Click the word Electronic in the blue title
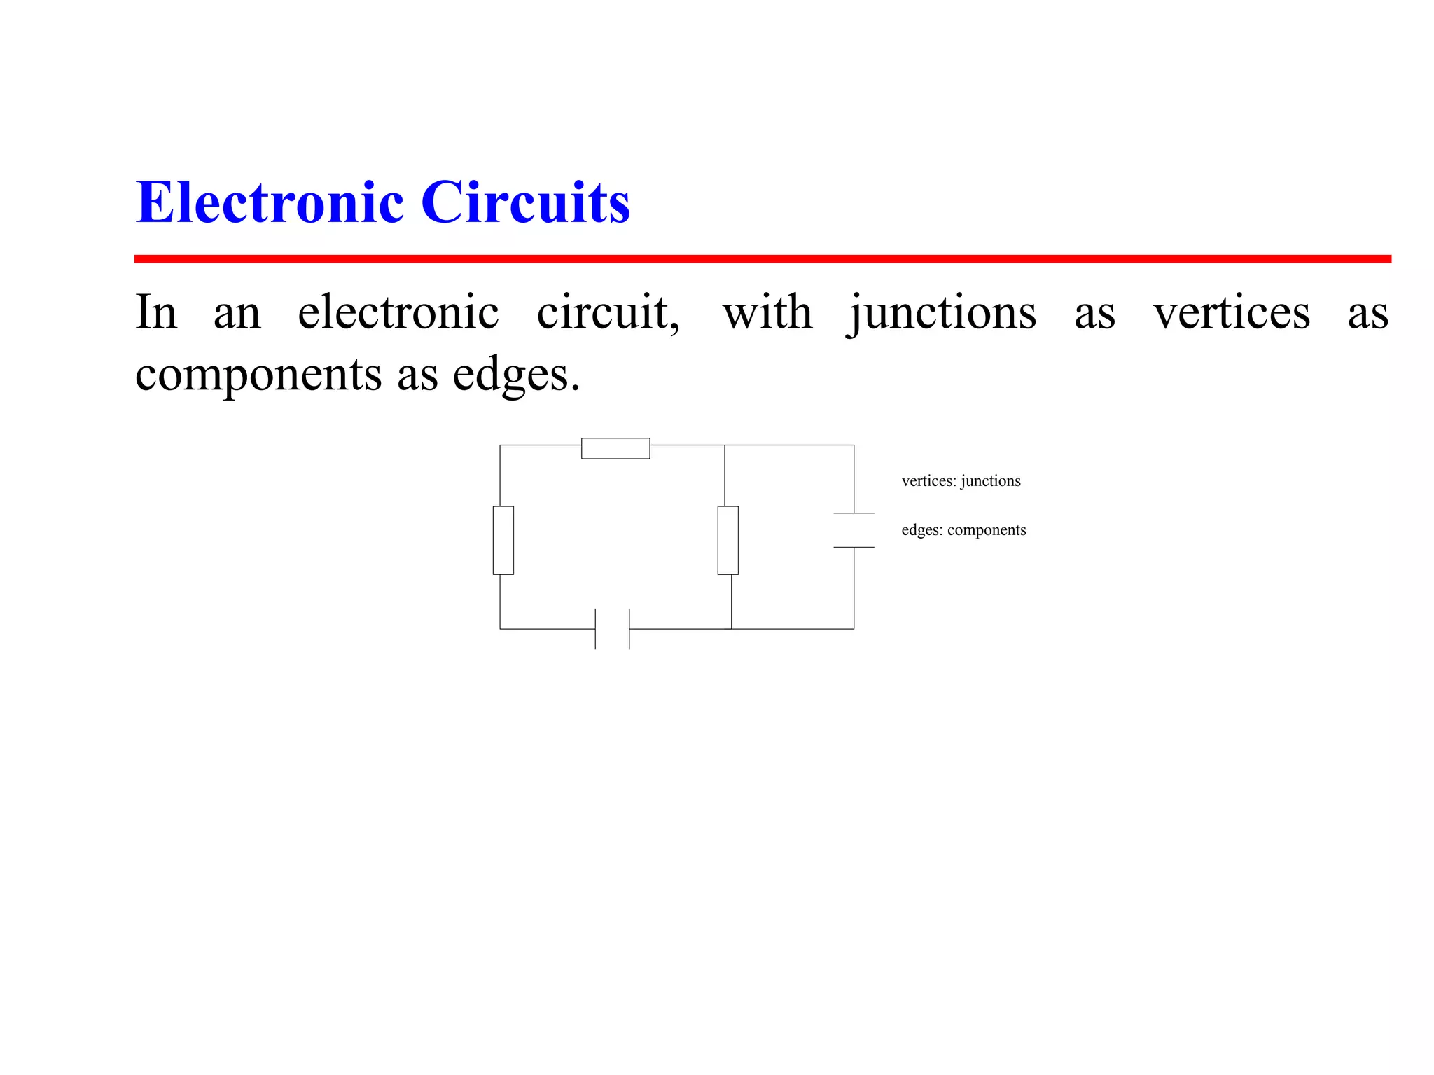point(270,202)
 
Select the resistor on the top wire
point(615,448)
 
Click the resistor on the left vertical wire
point(503,540)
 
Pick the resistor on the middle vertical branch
point(728,540)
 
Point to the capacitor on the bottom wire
point(612,629)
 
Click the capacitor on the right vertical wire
point(854,530)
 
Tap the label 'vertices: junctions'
point(961,481)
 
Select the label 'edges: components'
point(963,530)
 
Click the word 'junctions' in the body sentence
point(942,312)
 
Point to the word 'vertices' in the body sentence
point(1232,312)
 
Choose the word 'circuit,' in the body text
point(608,312)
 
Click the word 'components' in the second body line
point(258,375)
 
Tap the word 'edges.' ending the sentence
point(516,375)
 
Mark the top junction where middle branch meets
point(725,445)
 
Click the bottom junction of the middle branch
point(732,629)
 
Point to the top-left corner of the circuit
point(500,445)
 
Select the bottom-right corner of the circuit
point(854,629)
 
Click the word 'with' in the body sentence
point(767,312)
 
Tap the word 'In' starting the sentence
point(156,312)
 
